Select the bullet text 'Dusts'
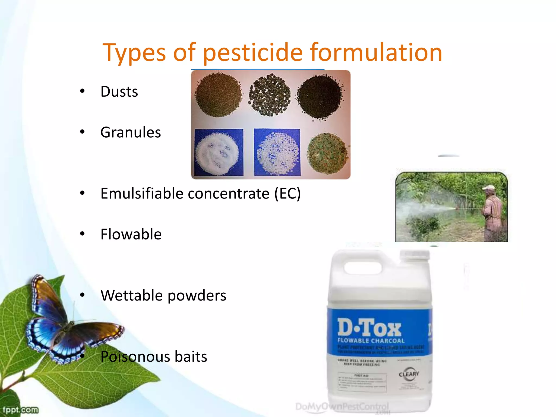click(x=119, y=91)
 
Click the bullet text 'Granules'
click(x=130, y=132)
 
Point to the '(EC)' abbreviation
click(x=287, y=194)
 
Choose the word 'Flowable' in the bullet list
click(x=131, y=234)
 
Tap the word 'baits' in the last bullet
click(x=191, y=356)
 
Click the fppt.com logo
click(x=20, y=410)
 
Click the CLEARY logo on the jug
click(x=409, y=374)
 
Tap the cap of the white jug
click(x=415, y=257)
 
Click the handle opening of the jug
click(x=363, y=268)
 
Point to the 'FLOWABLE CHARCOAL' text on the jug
click(x=371, y=341)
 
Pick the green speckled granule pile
click(x=327, y=153)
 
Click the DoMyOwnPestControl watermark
click(x=342, y=407)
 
